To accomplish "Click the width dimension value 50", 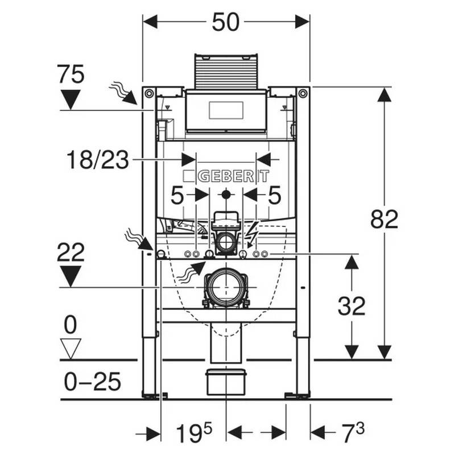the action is click(226, 22).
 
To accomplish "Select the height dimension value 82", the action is click(384, 220).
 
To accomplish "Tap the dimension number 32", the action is click(351, 306).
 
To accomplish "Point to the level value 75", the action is click(71, 75).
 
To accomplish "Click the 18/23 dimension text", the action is click(97, 160).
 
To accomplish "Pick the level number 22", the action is click(71, 253).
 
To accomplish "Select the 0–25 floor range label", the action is click(92, 382).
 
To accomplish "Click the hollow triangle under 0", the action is click(71, 349).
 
